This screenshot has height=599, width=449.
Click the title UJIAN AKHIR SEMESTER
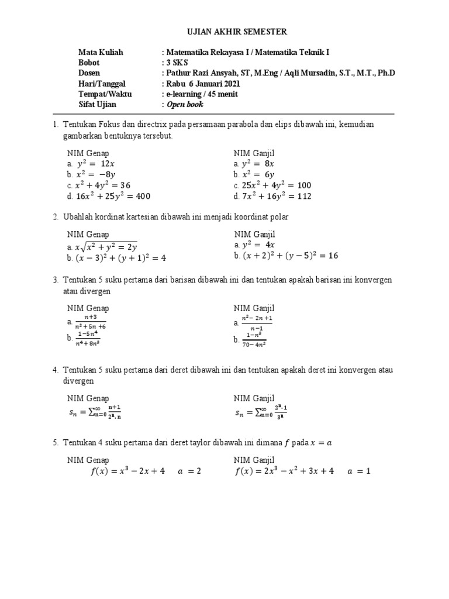pyautogui.click(x=224, y=31)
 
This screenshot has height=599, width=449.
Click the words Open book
pyautogui.click(x=185, y=105)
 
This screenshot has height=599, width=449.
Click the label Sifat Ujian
pyautogui.click(x=97, y=105)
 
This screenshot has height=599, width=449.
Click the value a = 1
pyautogui.click(x=359, y=471)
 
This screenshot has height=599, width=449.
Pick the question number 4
pyautogui.click(x=54, y=370)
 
